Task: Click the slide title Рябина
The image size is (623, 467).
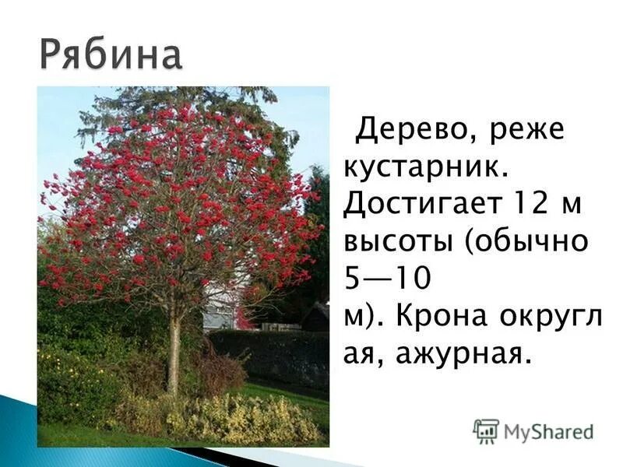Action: [111, 57]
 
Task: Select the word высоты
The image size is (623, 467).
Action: [399, 242]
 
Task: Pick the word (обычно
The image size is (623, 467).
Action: [530, 242]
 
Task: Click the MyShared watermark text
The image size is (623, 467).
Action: [548, 431]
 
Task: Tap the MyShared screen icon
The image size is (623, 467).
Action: [486, 430]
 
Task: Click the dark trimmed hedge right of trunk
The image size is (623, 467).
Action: [273, 354]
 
